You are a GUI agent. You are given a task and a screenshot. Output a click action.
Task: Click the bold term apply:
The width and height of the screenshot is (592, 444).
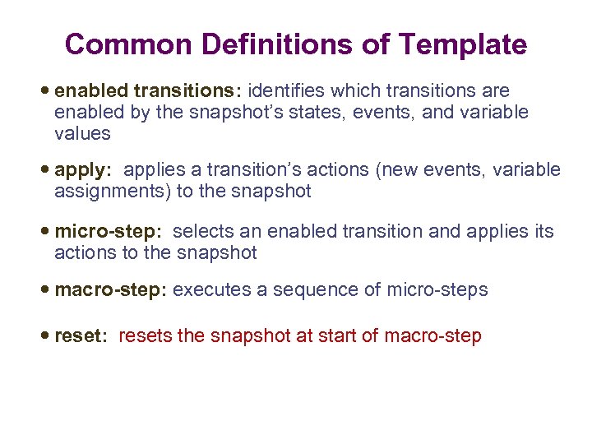coord(82,171)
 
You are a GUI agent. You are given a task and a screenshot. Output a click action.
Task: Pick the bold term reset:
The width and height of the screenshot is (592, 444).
coord(81,336)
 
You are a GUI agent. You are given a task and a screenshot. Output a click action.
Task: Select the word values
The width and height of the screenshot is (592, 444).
coord(81,133)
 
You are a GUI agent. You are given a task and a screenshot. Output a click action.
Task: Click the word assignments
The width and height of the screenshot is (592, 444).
coord(100,192)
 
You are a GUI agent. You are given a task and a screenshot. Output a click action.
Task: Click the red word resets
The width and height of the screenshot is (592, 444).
coord(146,336)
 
